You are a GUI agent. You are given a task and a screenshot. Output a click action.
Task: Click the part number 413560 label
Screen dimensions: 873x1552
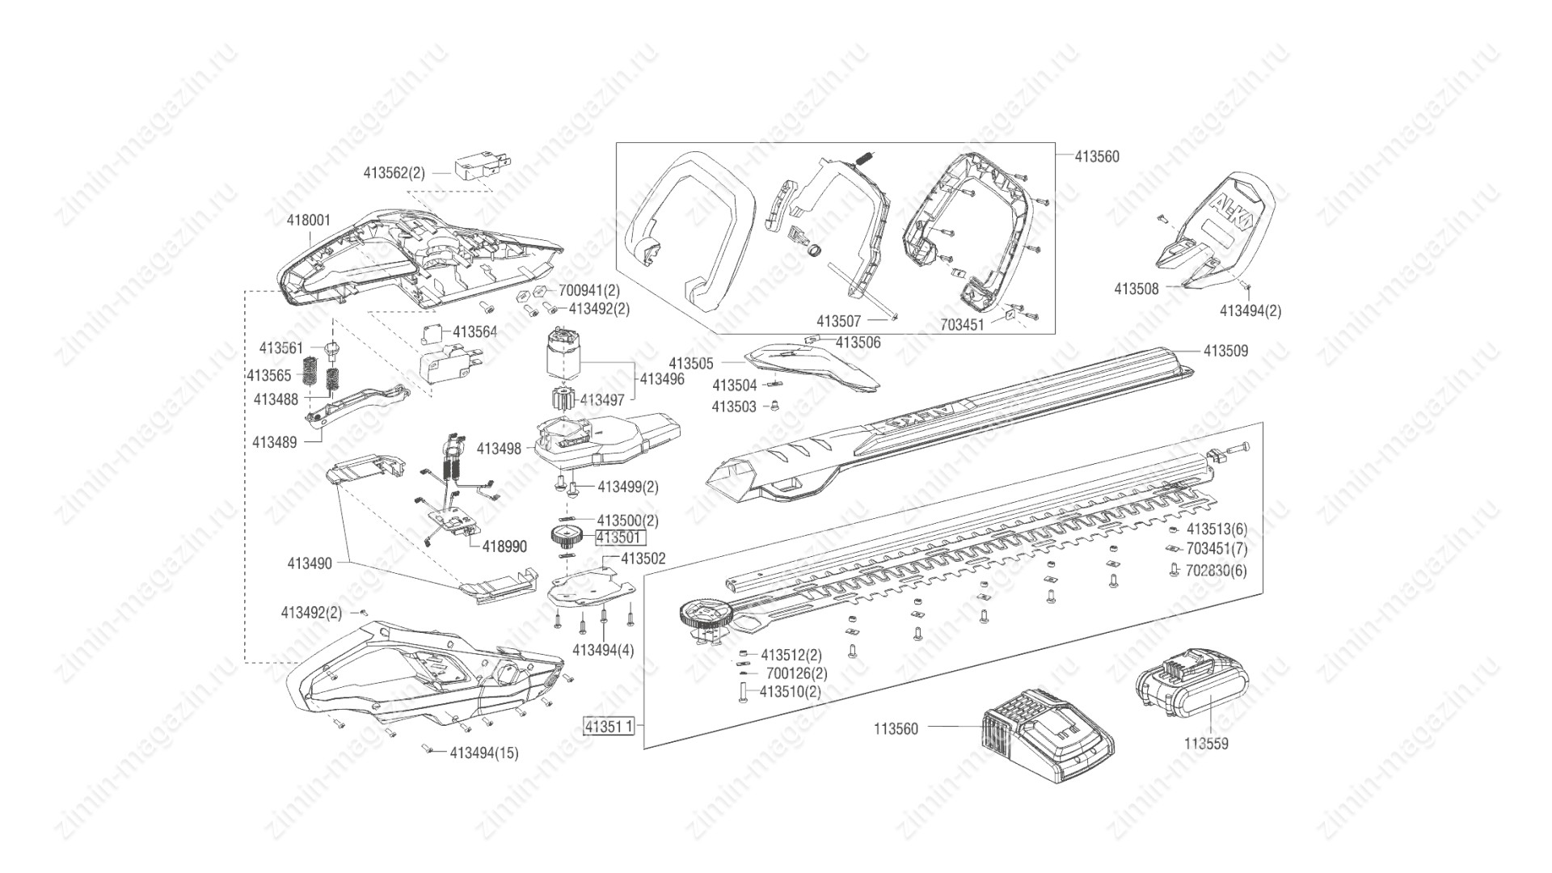tap(1097, 157)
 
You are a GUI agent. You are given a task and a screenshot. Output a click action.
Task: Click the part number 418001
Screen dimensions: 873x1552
tap(309, 220)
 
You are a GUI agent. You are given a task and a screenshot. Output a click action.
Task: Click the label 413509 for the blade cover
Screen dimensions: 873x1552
tap(1225, 351)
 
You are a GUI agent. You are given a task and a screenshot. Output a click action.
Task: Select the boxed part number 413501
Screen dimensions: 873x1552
tap(621, 538)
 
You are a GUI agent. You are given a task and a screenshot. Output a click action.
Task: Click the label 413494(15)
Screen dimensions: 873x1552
tap(484, 753)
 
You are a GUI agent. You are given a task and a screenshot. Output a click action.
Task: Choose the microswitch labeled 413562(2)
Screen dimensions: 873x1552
tap(482, 171)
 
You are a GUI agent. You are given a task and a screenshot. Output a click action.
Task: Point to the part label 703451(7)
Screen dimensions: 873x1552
tap(1217, 549)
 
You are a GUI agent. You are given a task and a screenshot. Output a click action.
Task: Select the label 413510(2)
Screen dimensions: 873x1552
tap(790, 692)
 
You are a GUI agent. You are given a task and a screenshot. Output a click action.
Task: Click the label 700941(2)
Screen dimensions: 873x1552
tap(588, 290)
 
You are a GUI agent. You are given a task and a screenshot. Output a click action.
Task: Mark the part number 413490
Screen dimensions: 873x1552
tap(310, 563)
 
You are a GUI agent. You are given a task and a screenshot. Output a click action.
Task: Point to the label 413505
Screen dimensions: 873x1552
tap(691, 363)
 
